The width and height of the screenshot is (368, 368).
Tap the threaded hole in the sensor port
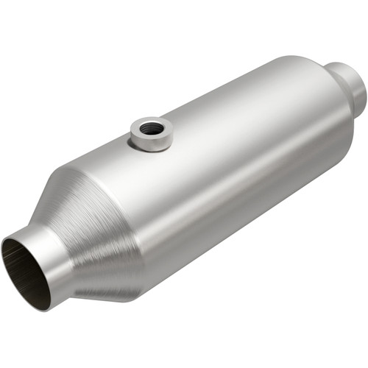coord(152,128)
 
